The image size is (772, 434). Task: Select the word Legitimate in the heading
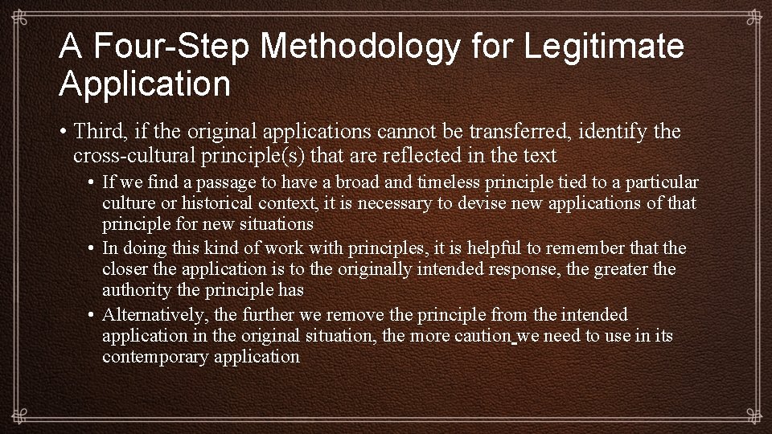[604, 47]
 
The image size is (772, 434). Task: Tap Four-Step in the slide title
[174, 47]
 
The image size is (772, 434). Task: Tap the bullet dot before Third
[64, 131]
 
